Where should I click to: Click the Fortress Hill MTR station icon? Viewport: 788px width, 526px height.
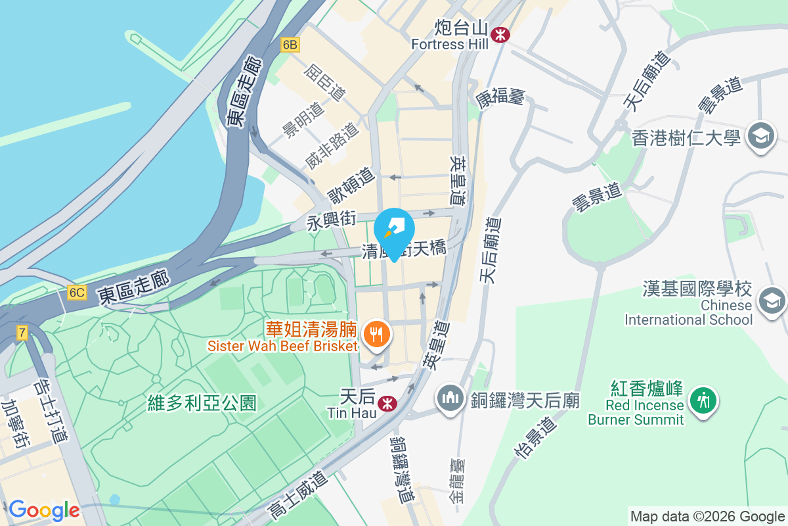click(x=501, y=34)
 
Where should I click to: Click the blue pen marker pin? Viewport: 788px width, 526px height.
click(x=394, y=231)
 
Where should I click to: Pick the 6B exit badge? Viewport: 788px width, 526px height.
click(x=290, y=45)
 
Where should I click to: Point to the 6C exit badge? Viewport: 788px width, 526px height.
click(x=76, y=292)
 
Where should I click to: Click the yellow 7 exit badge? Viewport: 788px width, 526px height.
click(x=22, y=333)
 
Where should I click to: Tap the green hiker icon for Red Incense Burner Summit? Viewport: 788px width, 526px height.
click(x=703, y=399)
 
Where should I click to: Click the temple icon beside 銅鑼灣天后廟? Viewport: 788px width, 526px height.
click(x=450, y=399)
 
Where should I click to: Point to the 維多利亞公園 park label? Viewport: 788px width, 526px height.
click(x=202, y=402)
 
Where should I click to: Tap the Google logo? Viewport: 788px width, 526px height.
click(x=44, y=510)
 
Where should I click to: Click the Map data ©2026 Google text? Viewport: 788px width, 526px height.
click(x=707, y=516)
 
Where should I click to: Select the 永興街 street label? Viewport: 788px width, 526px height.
click(x=331, y=221)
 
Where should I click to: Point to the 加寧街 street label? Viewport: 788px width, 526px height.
click(x=16, y=425)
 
